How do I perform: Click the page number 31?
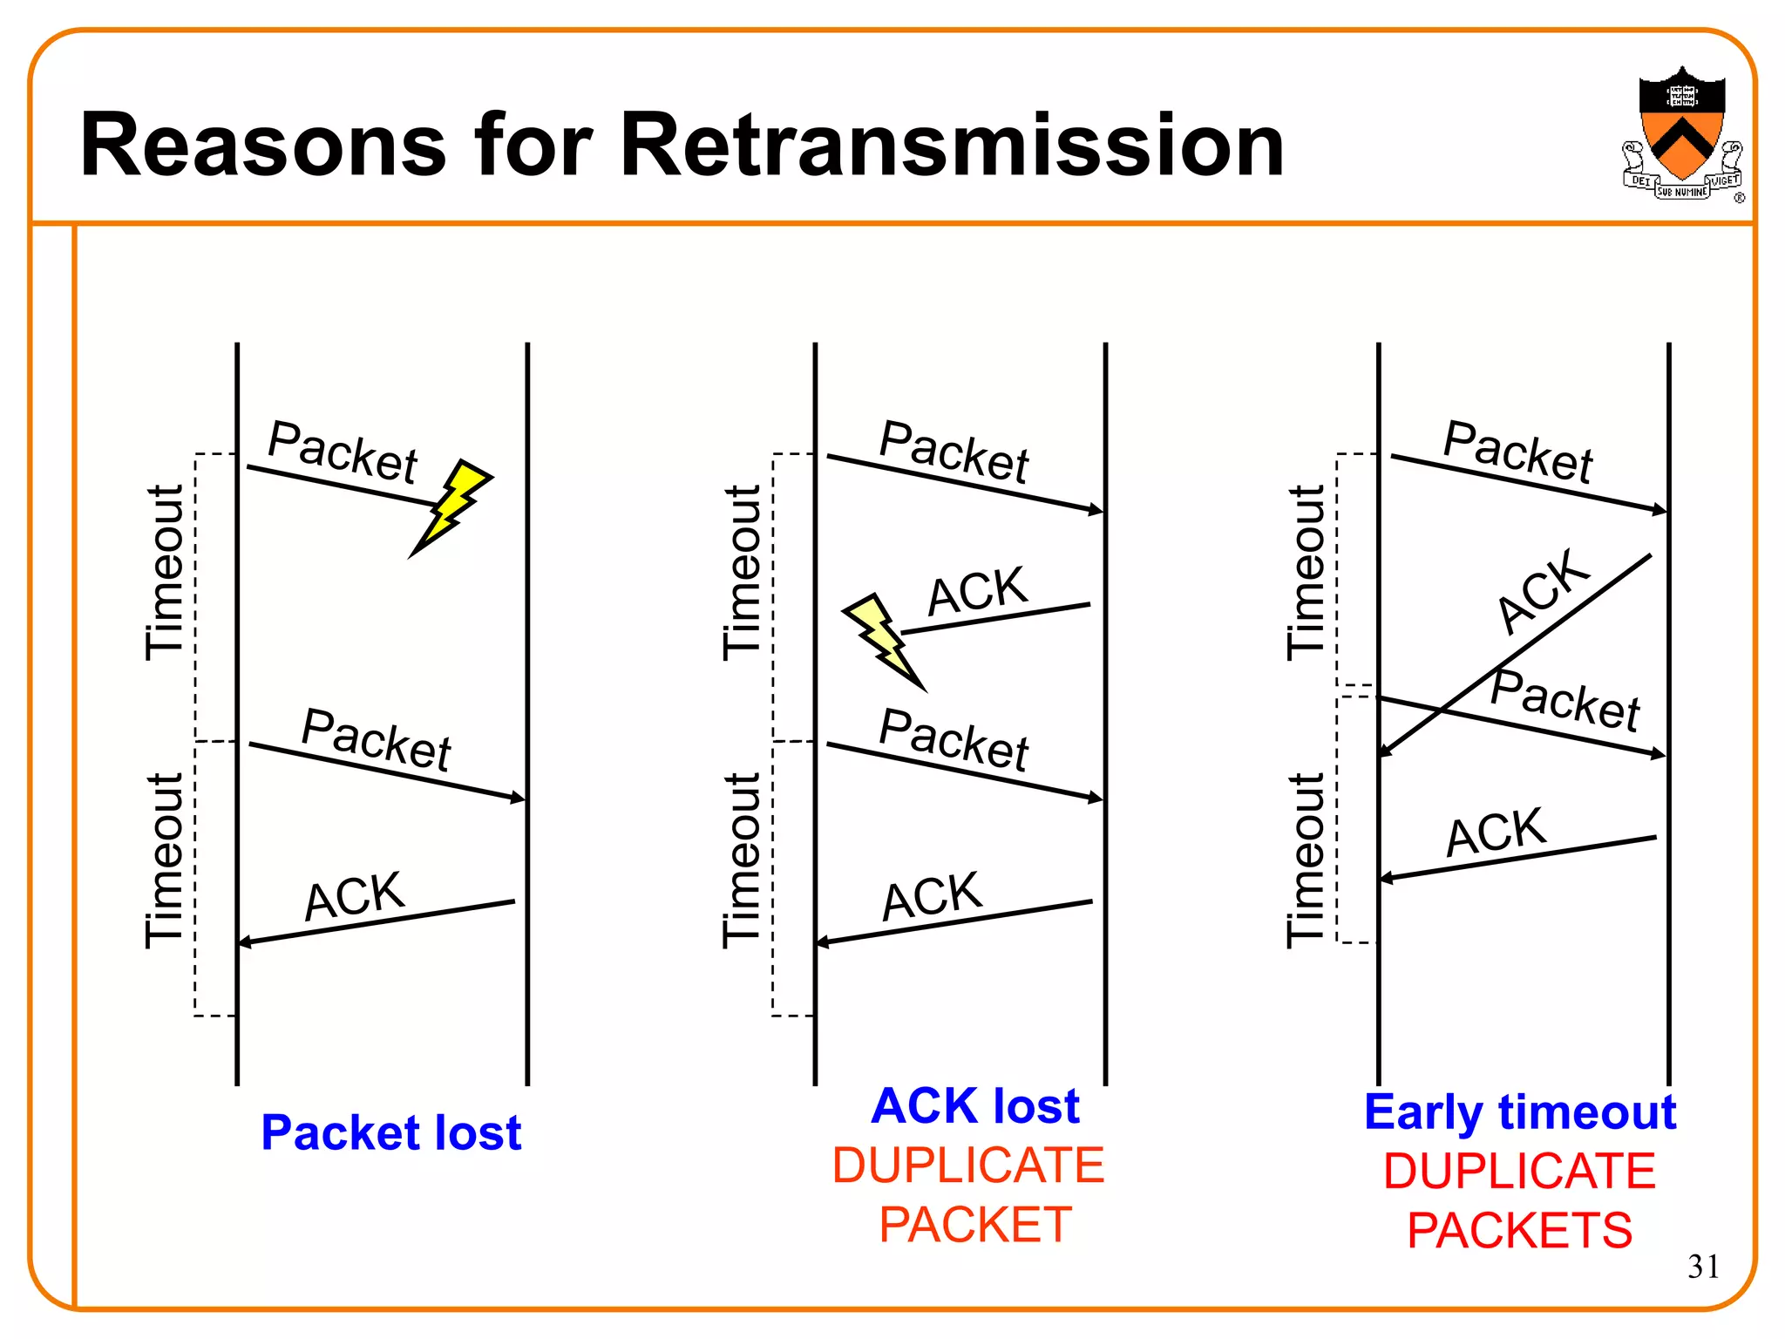point(1703,1266)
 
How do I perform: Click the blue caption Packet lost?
point(391,1132)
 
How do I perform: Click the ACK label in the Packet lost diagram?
point(354,895)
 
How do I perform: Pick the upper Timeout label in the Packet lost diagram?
point(164,571)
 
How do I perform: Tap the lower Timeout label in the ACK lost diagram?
point(742,859)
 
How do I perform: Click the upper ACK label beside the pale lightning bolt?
point(977,590)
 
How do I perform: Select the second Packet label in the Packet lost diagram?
point(376,739)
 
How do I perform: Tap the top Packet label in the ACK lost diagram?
point(954,451)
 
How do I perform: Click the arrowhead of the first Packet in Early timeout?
point(1660,510)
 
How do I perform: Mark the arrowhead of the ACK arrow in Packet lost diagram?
point(245,941)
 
